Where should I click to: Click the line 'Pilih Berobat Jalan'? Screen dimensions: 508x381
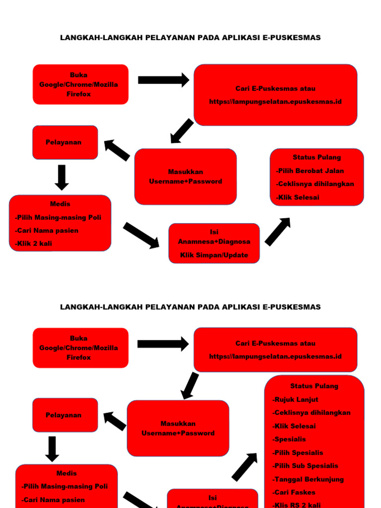point(310,171)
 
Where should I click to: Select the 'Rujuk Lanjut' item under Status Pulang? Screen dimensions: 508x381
point(296,399)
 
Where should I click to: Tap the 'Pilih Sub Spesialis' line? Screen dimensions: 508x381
point(306,466)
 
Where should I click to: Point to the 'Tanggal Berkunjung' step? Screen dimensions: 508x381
point(308,479)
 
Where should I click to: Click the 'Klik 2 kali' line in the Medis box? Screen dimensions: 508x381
point(34,244)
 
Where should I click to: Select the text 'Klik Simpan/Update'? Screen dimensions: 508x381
point(214,255)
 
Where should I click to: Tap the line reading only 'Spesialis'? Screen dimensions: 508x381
point(289,439)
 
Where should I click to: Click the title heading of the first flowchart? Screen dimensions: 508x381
point(190,38)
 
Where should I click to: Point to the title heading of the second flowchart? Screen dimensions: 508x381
point(190,307)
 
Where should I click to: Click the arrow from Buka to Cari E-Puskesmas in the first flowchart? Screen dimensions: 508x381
point(163,80)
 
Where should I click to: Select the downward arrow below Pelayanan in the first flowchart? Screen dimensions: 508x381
point(62,177)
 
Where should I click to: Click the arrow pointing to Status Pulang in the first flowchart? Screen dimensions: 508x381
point(278,231)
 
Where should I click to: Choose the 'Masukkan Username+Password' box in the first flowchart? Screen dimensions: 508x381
point(186,177)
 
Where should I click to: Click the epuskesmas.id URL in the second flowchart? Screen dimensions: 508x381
point(275,356)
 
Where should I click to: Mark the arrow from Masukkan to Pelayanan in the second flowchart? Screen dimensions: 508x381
point(115,421)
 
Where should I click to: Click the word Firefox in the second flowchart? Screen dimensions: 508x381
point(79,357)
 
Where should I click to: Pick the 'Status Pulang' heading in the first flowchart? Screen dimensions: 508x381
point(317,157)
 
